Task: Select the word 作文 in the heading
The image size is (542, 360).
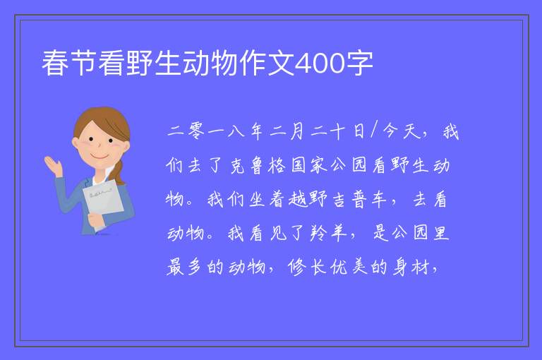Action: click(266, 63)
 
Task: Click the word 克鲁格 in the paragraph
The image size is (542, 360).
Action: click(258, 165)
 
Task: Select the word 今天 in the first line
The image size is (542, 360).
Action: click(402, 131)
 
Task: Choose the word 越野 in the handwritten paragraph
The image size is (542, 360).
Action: click(308, 200)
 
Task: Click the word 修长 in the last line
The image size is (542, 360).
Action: click(307, 268)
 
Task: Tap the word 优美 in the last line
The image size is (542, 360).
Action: click(349, 268)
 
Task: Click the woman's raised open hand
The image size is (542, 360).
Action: click(52, 165)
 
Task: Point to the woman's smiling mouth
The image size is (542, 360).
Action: click(100, 156)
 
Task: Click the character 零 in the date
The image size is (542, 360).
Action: click(196, 131)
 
